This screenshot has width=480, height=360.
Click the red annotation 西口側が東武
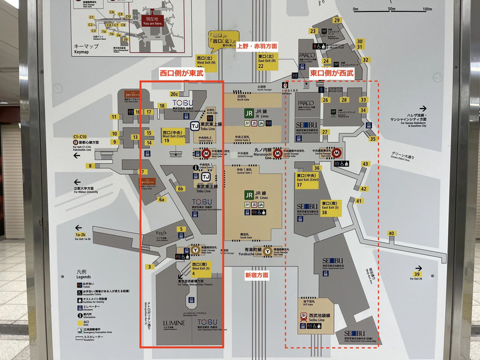coord(181,73)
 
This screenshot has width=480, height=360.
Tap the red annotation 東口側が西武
coord(332,73)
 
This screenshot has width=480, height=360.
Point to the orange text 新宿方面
coord(256,275)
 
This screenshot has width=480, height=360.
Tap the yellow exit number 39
coord(417,275)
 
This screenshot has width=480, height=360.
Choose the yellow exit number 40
coord(391,233)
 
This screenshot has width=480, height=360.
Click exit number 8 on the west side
coord(90,166)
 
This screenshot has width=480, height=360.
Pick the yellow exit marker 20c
coord(175,94)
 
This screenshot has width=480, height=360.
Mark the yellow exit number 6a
coord(161,199)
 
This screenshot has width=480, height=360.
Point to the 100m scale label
coord(427,9)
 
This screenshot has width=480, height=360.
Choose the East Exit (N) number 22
coord(261,66)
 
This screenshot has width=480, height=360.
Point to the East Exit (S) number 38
coord(324,212)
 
